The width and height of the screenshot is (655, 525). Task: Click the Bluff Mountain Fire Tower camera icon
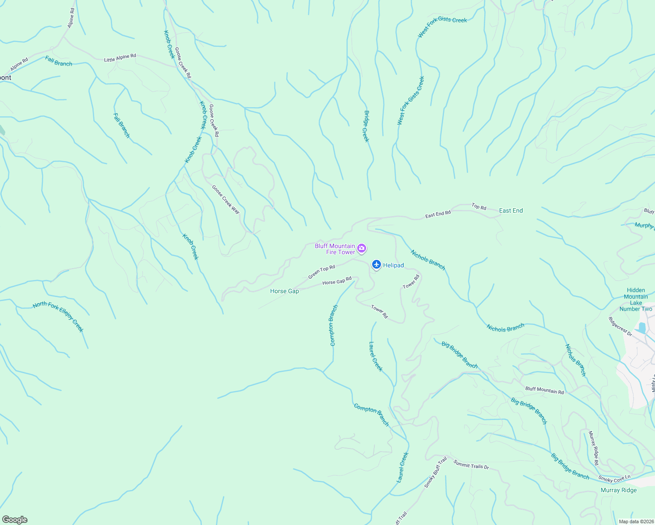(x=362, y=248)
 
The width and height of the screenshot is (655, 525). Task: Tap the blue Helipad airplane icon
(x=376, y=265)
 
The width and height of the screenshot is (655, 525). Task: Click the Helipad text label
(x=393, y=266)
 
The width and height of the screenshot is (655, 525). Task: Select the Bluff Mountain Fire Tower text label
(x=335, y=249)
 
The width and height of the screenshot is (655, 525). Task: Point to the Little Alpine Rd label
(x=120, y=58)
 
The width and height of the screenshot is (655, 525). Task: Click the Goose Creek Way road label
(x=226, y=199)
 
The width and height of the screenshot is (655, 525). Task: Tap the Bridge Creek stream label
(x=366, y=126)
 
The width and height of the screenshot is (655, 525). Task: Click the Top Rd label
(x=479, y=206)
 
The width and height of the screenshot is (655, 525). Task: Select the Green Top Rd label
(x=321, y=272)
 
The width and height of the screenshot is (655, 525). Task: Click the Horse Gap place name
(x=285, y=291)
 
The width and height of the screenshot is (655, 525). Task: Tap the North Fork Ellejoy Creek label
(x=58, y=316)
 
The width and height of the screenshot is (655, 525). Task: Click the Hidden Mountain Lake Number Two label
(x=636, y=299)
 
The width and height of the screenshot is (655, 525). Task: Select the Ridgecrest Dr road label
(x=620, y=327)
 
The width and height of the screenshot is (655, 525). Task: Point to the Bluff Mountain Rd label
(x=544, y=390)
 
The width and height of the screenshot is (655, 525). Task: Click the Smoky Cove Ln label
(x=614, y=479)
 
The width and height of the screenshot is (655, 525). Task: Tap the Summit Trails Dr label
(x=471, y=465)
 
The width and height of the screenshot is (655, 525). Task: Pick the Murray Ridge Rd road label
(x=593, y=448)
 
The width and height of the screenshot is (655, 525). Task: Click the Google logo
(x=15, y=520)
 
